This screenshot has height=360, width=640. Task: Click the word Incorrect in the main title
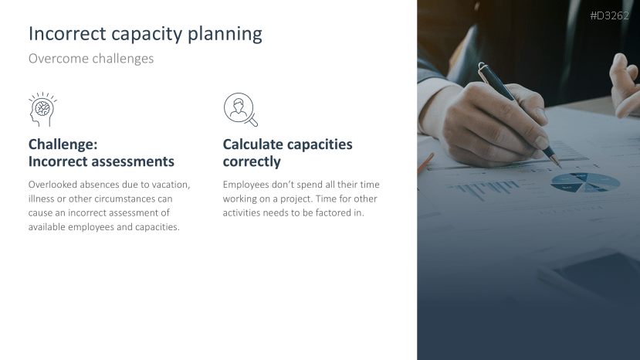coord(67,34)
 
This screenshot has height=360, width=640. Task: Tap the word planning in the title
coord(225,35)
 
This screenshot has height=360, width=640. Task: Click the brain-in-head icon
coord(42,109)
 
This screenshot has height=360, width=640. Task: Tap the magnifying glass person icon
coord(241,110)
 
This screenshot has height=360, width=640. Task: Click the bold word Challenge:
coord(63,144)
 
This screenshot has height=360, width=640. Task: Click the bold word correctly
coord(252,162)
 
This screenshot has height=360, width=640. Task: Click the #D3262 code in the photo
coord(609,15)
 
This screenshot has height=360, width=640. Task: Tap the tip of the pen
coord(560,166)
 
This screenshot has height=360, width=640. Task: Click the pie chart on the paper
coord(585,182)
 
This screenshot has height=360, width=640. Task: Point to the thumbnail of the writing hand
coord(542,142)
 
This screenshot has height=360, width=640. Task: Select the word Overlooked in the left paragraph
coord(52,185)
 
